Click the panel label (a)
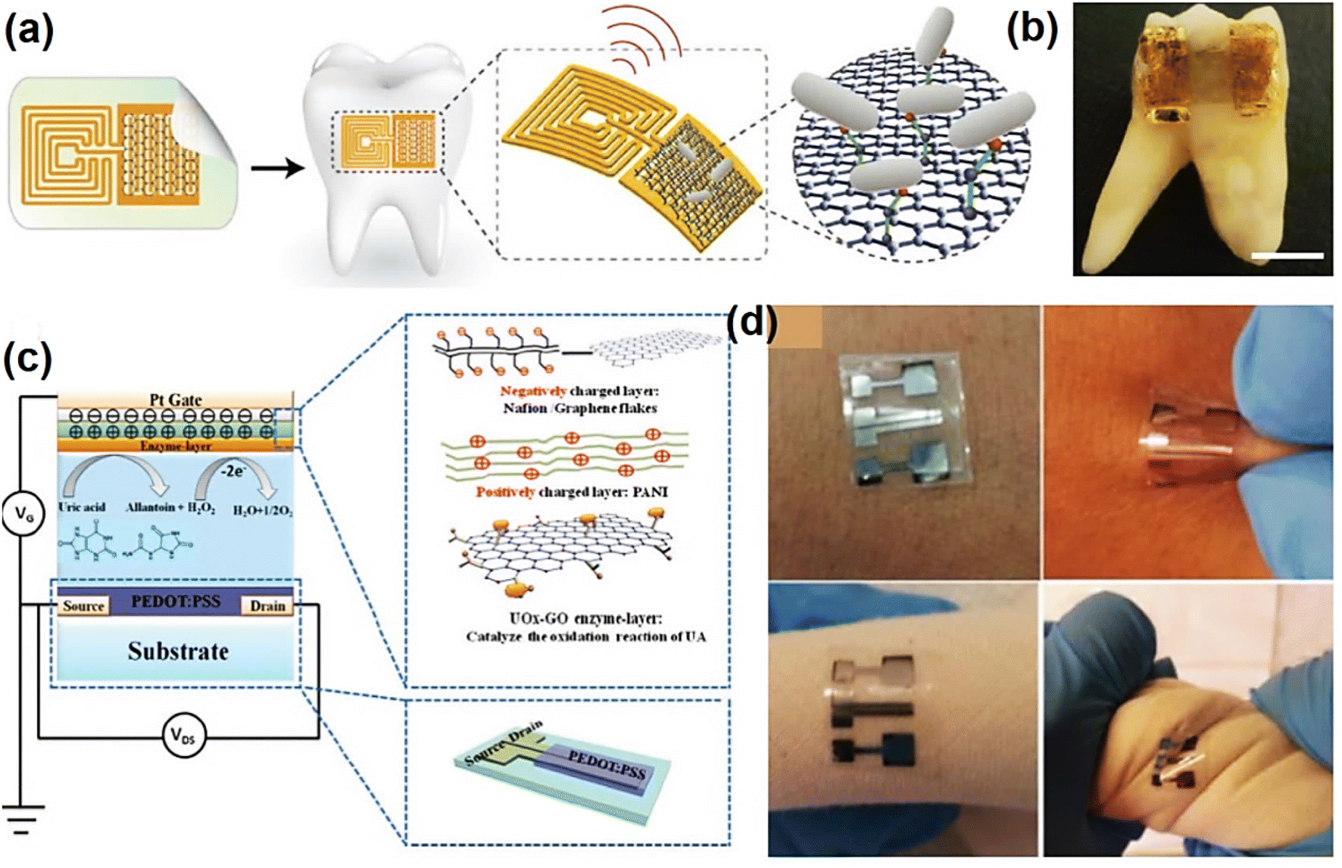pyautogui.click(x=29, y=31)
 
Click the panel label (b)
pyautogui.click(x=1031, y=30)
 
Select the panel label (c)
pyautogui.click(x=27, y=358)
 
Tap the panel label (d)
pyautogui.click(x=751, y=322)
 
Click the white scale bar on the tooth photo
pyautogui.click(x=1287, y=256)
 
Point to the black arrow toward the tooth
pyautogui.click(x=277, y=167)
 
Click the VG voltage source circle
pyautogui.click(x=23, y=515)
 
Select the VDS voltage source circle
pyautogui.click(x=183, y=735)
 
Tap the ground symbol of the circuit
pyautogui.click(x=22, y=818)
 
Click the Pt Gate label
pyautogui.click(x=175, y=400)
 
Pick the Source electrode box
pyautogui.click(x=83, y=606)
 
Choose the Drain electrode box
pyautogui.click(x=267, y=606)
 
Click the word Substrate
pyautogui.click(x=178, y=652)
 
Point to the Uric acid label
pyautogui.click(x=82, y=507)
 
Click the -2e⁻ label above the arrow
pyautogui.click(x=233, y=471)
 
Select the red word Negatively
pyautogui.click(x=532, y=391)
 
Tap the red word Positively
pyautogui.click(x=505, y=492)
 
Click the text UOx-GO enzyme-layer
pyautogui.click(x=585, y=618)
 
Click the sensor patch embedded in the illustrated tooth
pyautogui.click(x=386, y=142)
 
